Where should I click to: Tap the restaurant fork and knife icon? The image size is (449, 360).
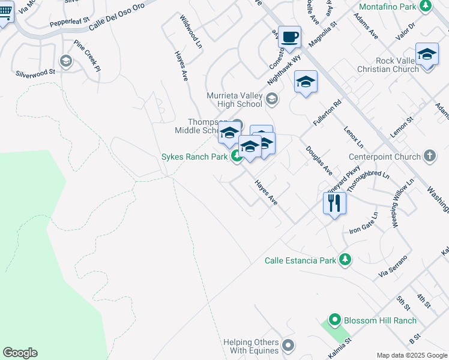click(x=334, y=203)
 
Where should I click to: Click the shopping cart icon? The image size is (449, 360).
click(x=5, y=13)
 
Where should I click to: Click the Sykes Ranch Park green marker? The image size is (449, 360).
click(x=237, y=157)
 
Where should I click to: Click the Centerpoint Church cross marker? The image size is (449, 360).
click(x=429, y=157)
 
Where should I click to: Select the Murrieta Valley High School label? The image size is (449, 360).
click(x=235, y=100)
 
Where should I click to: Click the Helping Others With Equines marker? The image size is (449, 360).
click(x=288, y=345)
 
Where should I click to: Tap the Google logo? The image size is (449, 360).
click(x=20, y=353)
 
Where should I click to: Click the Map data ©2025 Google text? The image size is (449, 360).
click(x=411, y=355)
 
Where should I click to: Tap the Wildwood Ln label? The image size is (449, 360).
click(x=188, y=29)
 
